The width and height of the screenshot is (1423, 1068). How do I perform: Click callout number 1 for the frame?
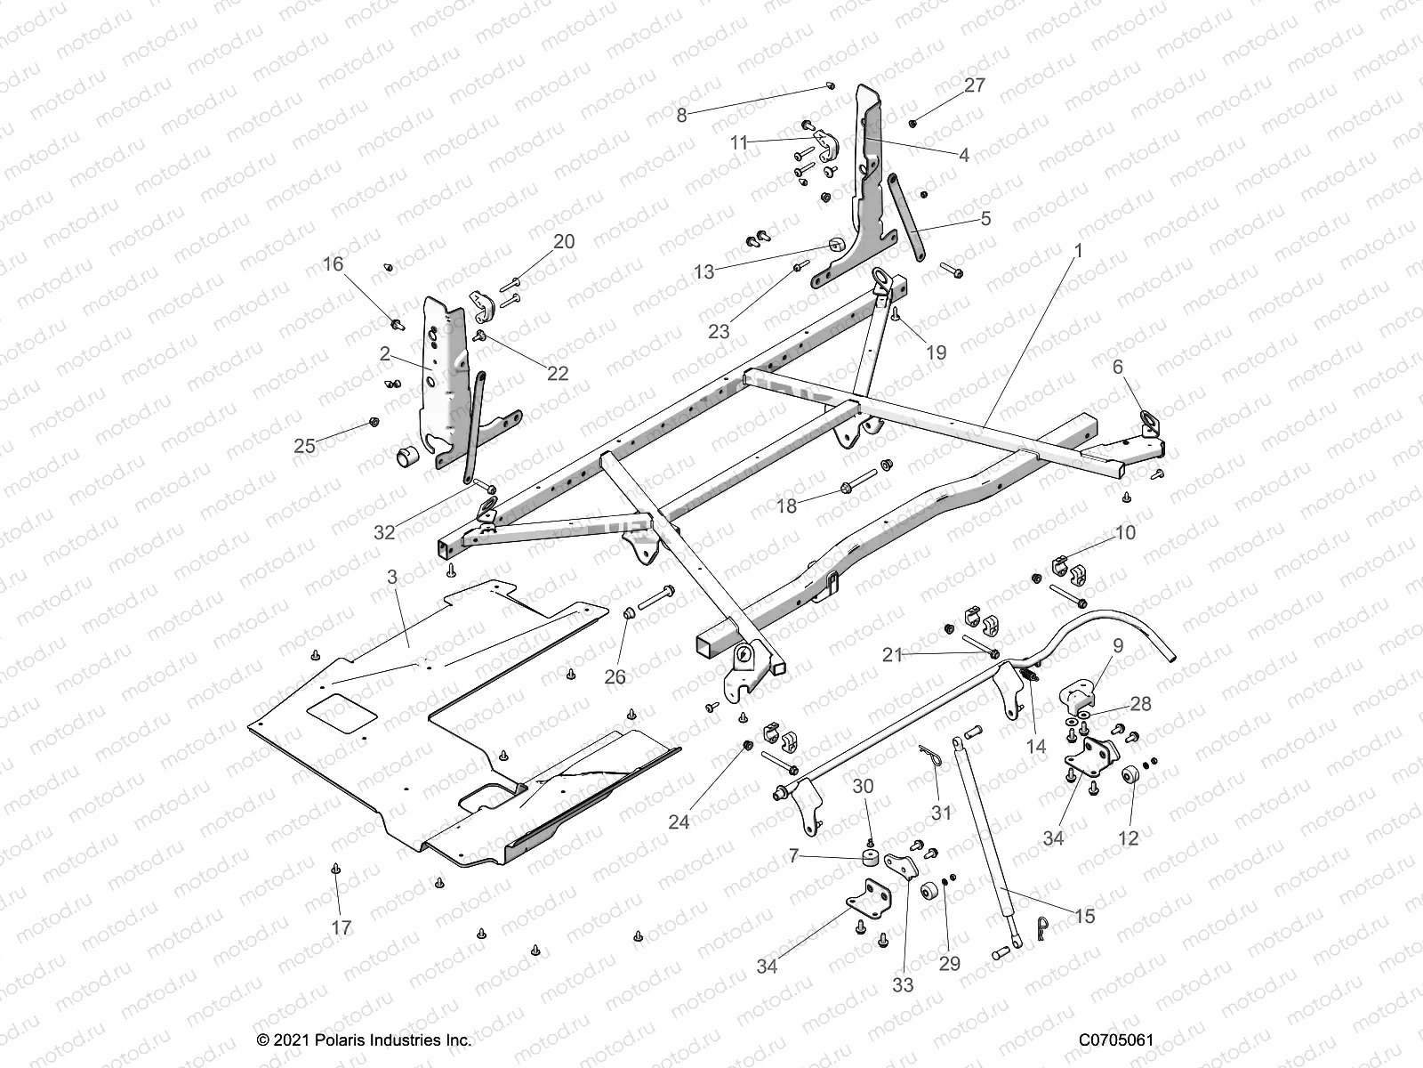1079,252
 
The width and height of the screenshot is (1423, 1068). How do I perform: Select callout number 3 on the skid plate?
392,578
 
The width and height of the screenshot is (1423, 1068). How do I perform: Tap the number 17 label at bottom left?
342,927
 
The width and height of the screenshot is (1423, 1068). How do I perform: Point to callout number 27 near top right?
976,85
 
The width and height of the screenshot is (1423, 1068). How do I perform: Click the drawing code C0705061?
1116,1040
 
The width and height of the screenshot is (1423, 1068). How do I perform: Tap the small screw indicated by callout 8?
830,85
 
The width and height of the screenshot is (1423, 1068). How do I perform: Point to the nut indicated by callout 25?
374,422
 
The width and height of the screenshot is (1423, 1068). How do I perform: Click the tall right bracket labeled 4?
867,178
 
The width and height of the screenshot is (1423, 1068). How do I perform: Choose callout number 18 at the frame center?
787,506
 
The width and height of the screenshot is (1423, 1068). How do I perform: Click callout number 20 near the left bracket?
564,242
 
